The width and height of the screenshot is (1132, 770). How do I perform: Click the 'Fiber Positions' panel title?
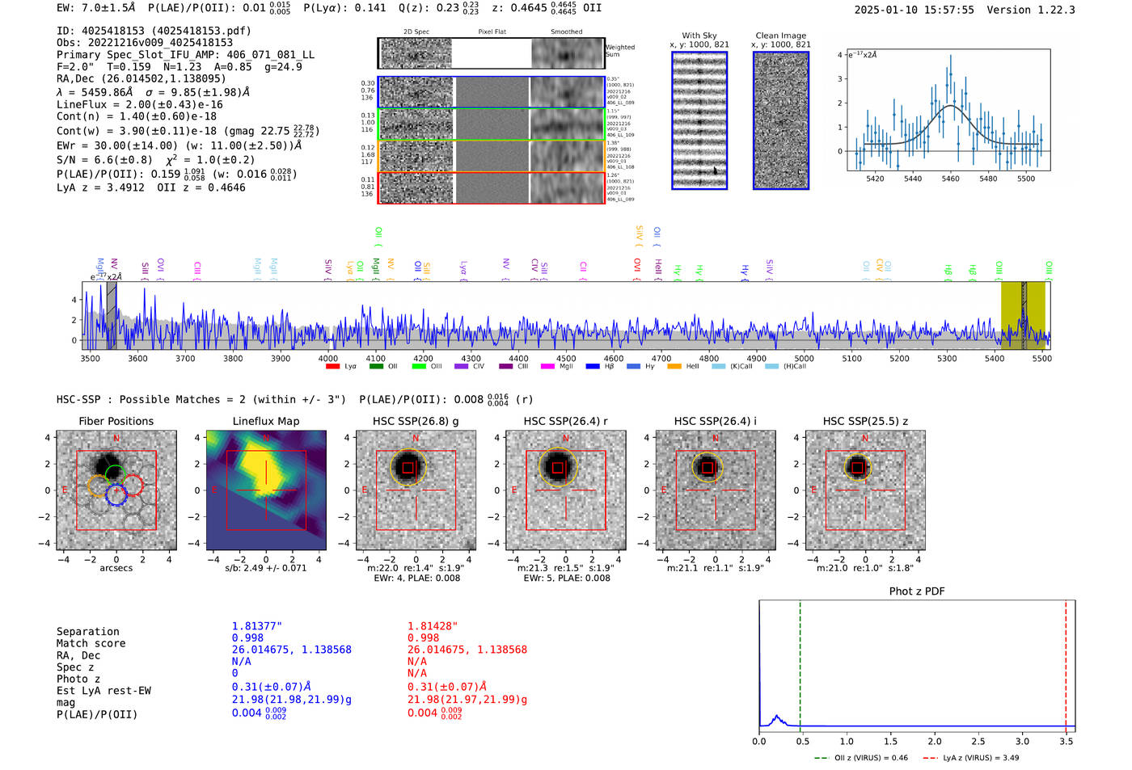click(x=116, y=421)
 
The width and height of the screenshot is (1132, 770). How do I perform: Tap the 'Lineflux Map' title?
click(x=266, y=421)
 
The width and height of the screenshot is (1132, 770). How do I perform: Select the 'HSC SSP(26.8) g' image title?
click(x=416, y=421)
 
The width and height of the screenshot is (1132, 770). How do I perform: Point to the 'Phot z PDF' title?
click(x=917, y=591)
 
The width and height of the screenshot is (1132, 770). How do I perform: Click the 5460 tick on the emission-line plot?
click(x=950, y=179)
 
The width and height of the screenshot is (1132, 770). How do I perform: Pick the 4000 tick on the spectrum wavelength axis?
click(x=327, y=358)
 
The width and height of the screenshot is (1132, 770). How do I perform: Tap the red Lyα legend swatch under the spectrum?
click(x=332, y=367)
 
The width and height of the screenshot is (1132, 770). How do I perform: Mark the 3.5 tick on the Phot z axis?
click(x=1067, y=741)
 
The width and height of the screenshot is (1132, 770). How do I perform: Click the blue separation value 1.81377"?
click(x=256, y=626)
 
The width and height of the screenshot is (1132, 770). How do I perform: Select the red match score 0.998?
click(x=423, y=637)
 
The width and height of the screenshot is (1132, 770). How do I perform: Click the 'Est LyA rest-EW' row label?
click(x=103, y=691)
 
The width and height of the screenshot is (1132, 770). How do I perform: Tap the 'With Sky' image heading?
click(x=699, y=36)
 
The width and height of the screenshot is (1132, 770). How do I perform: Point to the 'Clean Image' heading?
click(x=780, y=36)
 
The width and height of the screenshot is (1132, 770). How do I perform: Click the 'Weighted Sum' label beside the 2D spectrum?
click(x=619, y=50)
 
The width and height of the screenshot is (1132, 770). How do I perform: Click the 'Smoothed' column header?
click(x=566, y=32)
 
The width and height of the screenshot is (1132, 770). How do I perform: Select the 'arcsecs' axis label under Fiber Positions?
click(x=116, y=568)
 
